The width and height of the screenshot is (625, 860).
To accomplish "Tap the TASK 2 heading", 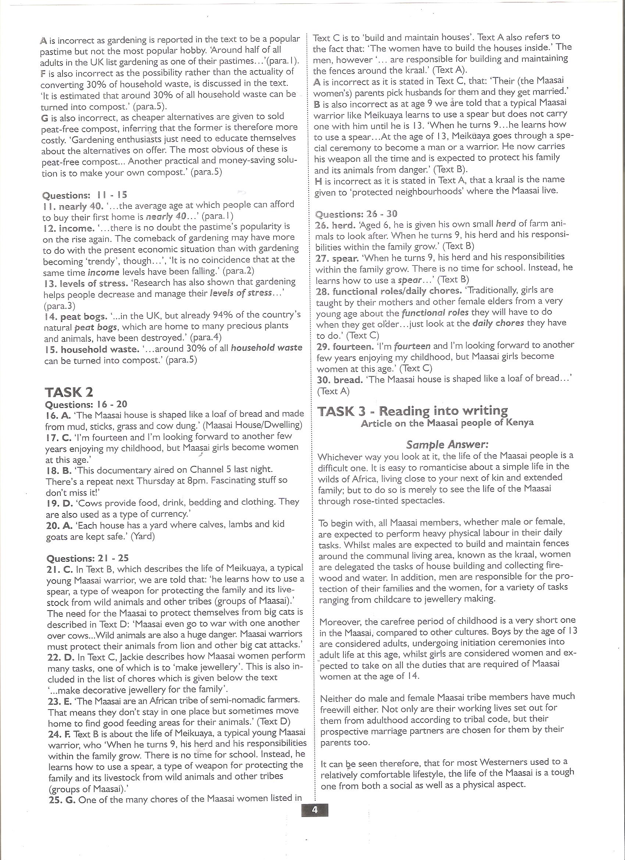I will (x=69, y=392).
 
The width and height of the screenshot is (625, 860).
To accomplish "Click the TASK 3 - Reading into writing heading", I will (x=413, y=411).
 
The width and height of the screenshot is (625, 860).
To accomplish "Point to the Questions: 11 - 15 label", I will (x=85, y=195).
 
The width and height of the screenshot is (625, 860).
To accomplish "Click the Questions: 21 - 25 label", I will (x=87, y=558).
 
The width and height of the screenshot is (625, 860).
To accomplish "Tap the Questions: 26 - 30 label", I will (x=356, y=214).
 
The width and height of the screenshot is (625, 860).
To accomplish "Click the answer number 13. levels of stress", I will (x=85, y=283).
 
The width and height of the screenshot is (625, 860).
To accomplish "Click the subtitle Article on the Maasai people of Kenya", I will (x=447, y=423).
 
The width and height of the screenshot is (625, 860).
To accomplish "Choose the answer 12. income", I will (x=69, y=228).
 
